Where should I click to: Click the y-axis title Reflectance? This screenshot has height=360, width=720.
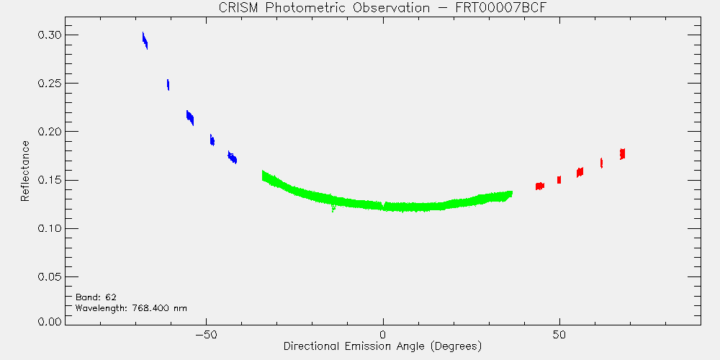click(24, 171)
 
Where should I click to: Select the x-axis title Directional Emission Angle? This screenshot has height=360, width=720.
click(382, 346)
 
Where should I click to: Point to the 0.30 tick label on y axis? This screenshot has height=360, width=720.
click(49, 35)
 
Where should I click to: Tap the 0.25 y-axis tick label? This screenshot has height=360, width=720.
click(49, 84)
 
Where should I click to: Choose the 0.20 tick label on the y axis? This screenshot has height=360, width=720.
click(49, 132)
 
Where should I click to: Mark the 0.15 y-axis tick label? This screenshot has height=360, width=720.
click(49, 180)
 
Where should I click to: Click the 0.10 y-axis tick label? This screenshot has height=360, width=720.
click(49, 229)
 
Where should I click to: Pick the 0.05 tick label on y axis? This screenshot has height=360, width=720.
click(49, 277)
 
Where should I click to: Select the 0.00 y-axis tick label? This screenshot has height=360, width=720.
click(49, 321)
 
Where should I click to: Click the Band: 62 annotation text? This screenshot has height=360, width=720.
click(96, 297)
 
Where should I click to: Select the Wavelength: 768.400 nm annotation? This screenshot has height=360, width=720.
click(131, 308)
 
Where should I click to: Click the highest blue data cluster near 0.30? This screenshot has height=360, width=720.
click(145, 41)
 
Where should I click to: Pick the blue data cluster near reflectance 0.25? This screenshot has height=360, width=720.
click(168, 84)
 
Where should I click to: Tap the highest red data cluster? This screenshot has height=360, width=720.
click(623, 154)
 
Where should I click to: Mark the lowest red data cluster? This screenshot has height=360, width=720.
click(540, 186)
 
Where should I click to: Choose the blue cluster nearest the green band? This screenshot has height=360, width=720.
click(233, 157)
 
